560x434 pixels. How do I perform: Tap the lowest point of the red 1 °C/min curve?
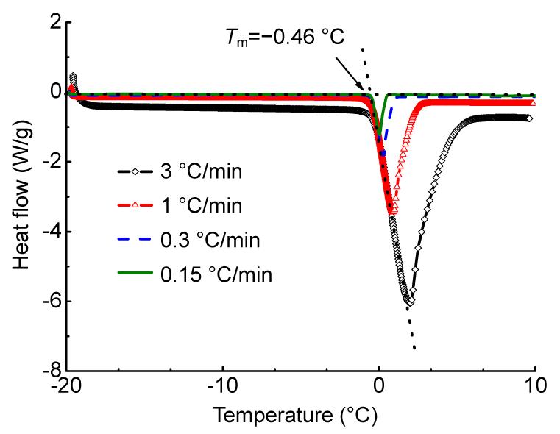(392, 212)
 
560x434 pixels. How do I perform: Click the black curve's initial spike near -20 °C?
(73, 77)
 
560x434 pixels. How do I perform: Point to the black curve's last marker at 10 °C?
(530, 118)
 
